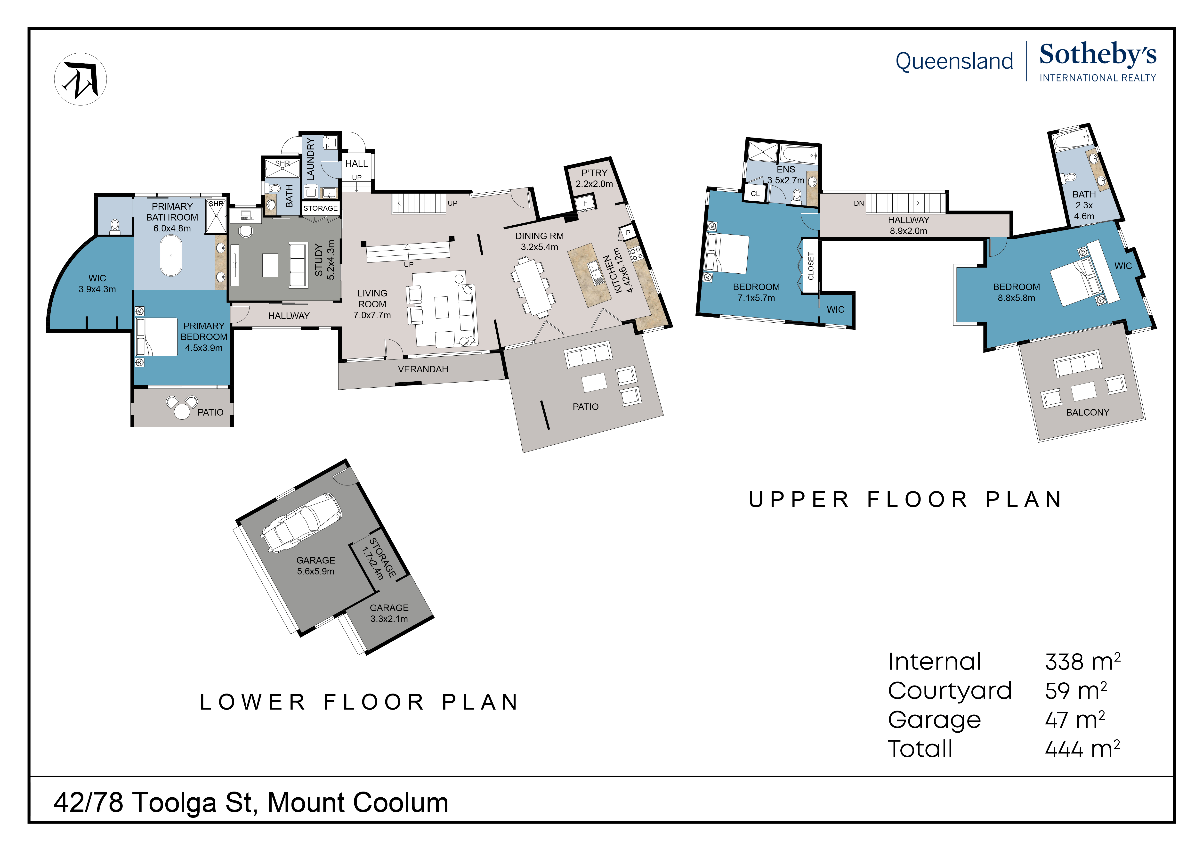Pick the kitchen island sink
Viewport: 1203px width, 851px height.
click(x=596, y=272)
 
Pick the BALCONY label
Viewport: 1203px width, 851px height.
click(x=1087, y=412)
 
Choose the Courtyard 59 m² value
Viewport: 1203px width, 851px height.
click(x=1076, y=691)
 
